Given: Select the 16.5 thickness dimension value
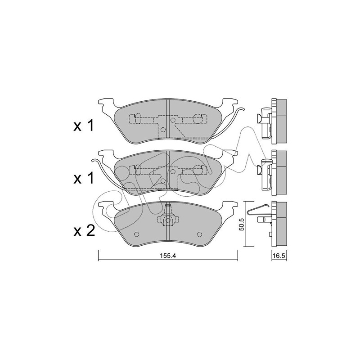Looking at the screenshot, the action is pos(279,256).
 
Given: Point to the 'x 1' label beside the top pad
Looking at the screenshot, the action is pos(84,126).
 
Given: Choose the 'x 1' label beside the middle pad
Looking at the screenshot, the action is pos(84,178).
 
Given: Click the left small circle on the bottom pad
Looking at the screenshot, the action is pos(137,234).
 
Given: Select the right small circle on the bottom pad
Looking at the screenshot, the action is pos(199,234).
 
